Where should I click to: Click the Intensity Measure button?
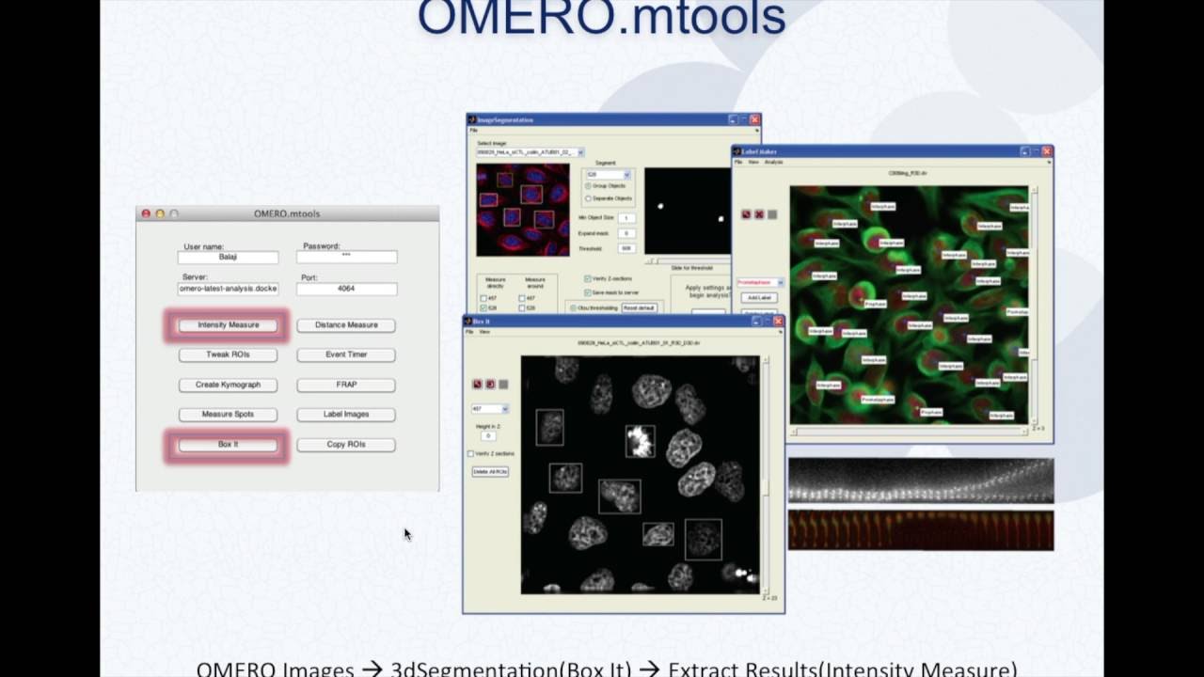point(228,325)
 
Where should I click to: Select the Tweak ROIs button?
point(228,354)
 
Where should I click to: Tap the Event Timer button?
point(346,354)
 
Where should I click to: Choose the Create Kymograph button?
point(228,385)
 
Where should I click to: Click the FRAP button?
point(346,385)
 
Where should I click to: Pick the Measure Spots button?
point(228,415)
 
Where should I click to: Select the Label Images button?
point(346,415)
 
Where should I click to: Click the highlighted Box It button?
point(228,445)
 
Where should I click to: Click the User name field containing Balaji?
point(228,257)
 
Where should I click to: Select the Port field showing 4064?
point(346,289)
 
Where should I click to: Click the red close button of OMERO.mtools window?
point(146,213)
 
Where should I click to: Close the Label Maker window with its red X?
point(1047,150)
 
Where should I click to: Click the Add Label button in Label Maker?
point(758,297)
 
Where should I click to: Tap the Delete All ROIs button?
point(490,471)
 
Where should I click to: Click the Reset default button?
point(639,307)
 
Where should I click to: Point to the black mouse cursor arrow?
point(406,533)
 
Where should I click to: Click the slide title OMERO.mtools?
point(601,19)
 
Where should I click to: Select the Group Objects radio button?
point(589,186)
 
